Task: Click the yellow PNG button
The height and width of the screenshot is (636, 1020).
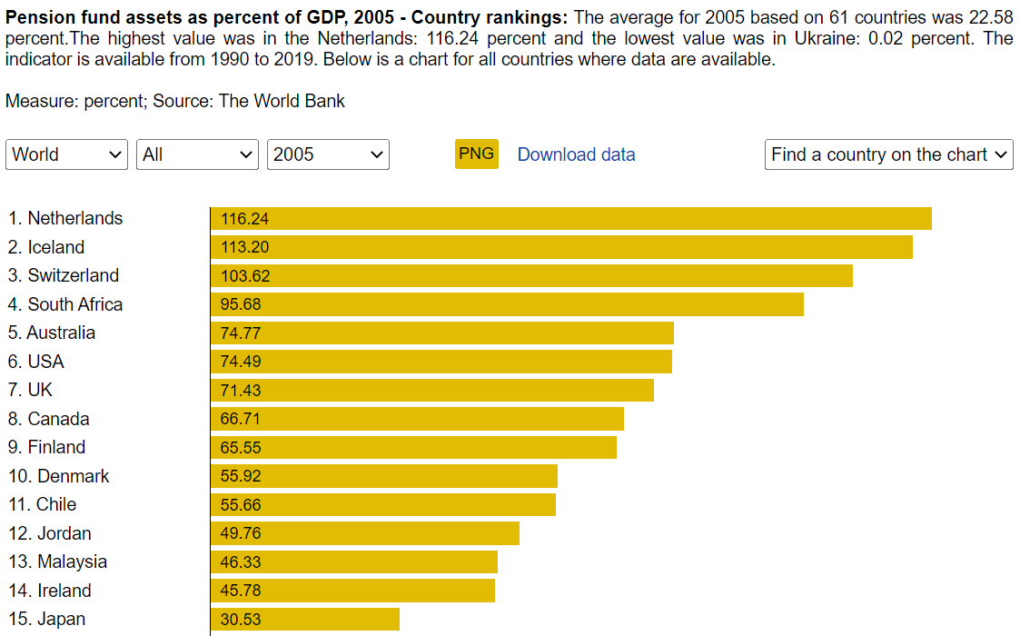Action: (x=476, y=154)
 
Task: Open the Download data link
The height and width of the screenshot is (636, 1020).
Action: (x=576, y=154)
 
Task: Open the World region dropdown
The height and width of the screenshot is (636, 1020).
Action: (x=66, y=154)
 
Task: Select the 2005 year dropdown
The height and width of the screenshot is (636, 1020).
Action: (x=328, y=154)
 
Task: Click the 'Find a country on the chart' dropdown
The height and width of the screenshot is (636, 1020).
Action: (x=888, y=154)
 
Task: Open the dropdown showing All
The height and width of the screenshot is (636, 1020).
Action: (x=197, y=154)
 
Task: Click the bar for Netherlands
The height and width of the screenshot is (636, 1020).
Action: (x=570, y=219)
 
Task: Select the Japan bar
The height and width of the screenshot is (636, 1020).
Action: (x=304, y=620)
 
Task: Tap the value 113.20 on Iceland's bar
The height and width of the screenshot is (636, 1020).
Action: (x=244, y=247)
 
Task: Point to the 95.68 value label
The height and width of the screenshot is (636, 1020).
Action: (x=241, y=304)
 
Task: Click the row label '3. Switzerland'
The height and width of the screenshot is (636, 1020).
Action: (x=64, y=275)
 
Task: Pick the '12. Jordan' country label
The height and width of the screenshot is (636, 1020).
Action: (x=50, y=533)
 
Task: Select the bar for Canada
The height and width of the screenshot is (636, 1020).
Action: (x=417, y=419)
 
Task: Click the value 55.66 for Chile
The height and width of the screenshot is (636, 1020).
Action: (x=241, y=504)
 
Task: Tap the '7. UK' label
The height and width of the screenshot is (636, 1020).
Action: (x=30, y=390)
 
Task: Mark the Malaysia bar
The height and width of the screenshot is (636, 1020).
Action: (x=353, y=562)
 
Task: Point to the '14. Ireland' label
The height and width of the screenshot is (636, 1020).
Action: (x=50, y=591)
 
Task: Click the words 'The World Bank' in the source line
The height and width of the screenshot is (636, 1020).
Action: (x=282, y=101)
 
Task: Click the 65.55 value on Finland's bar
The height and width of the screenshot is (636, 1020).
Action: (x=241, y=447)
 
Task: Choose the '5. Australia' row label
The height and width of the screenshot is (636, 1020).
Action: (x=52, y=333)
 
